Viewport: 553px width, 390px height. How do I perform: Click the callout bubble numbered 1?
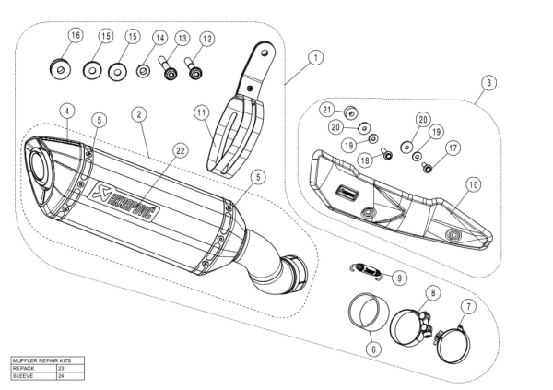[315, 57]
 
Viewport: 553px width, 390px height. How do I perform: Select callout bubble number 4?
[66, 111]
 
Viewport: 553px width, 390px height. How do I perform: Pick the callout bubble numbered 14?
[159, 38]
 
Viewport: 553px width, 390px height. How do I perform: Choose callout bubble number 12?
[206, 39]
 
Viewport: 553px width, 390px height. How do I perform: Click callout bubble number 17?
[453, 148]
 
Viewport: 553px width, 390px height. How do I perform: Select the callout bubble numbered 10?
[473, 184]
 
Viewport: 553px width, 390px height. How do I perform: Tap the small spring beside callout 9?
[370, 269]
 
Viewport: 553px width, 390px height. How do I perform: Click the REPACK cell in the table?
[33, 367]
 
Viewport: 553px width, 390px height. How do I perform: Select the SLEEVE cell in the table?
[33, 375]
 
